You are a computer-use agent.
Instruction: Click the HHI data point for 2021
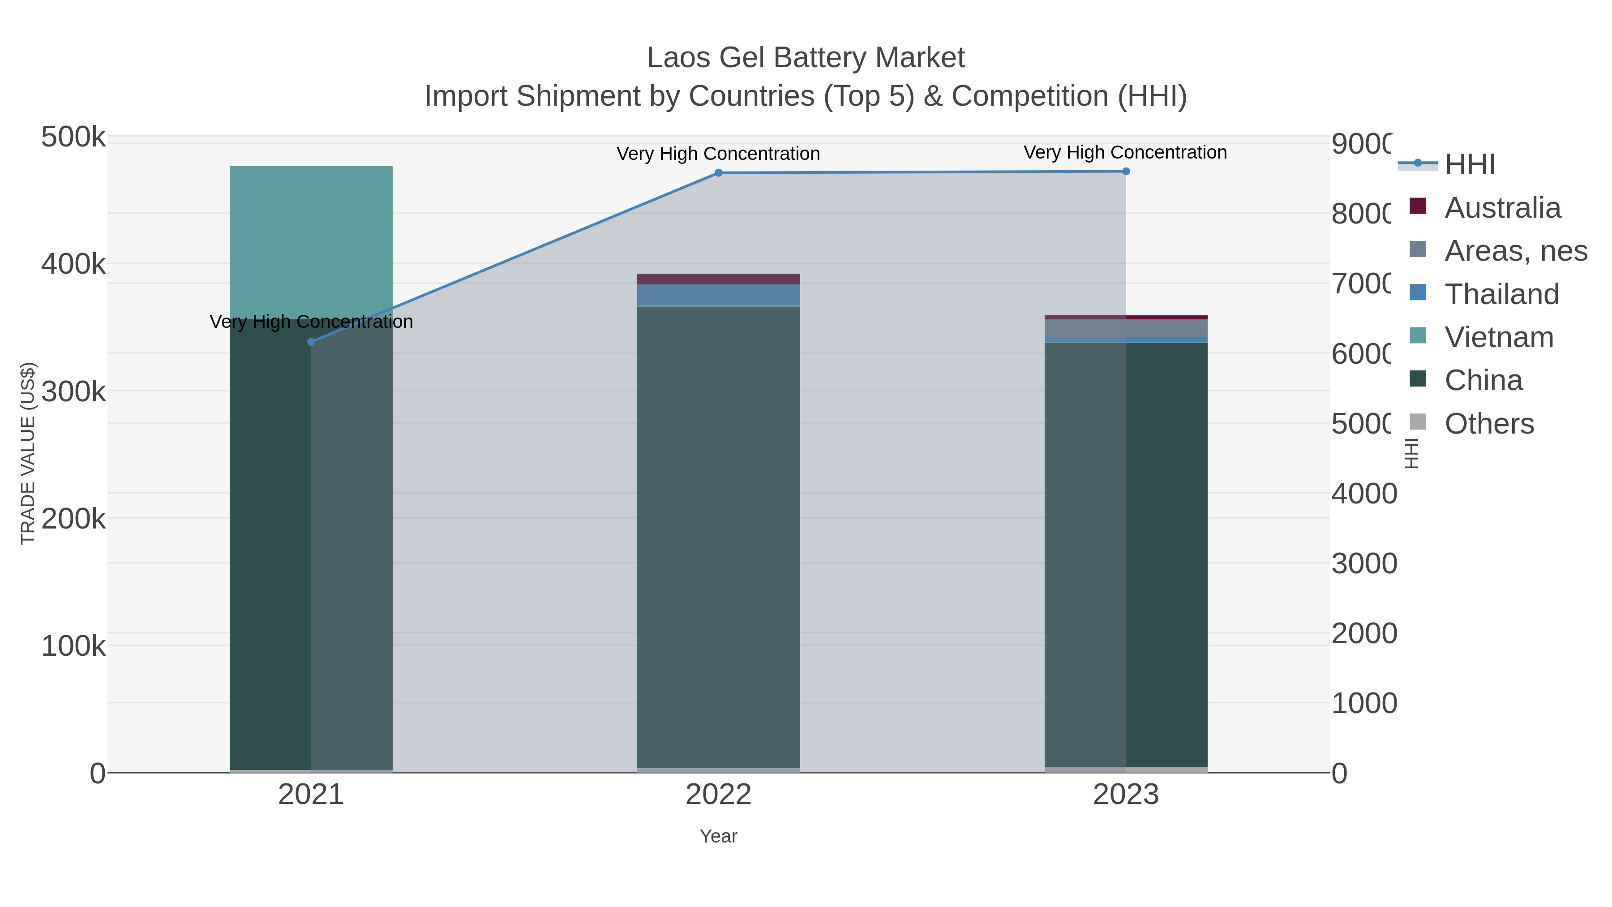(311, 342)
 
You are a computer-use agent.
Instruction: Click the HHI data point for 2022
(718, 173)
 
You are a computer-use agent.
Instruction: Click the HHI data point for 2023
(1126, 172)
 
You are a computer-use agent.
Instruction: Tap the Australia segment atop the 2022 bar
(718, 279)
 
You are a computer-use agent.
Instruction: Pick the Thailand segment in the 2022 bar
(718, 296)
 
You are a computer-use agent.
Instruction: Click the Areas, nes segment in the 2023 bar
(1126, 328)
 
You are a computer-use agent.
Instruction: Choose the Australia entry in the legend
(1502, 208)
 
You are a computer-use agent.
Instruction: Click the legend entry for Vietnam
(1499, 337)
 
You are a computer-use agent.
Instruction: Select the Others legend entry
(1489, 424)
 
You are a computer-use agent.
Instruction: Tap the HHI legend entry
(1469, 165)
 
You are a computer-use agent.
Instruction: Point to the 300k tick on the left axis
(73, 392)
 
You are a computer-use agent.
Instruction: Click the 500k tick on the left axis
(73, 137)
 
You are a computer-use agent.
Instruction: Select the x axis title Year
(718, 836)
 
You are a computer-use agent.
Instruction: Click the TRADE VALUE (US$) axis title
(27, 453)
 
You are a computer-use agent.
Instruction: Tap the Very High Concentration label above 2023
(1125, 153)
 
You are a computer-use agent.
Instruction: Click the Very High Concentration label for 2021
(311, 322)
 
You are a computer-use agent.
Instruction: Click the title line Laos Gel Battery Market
(806, 58)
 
